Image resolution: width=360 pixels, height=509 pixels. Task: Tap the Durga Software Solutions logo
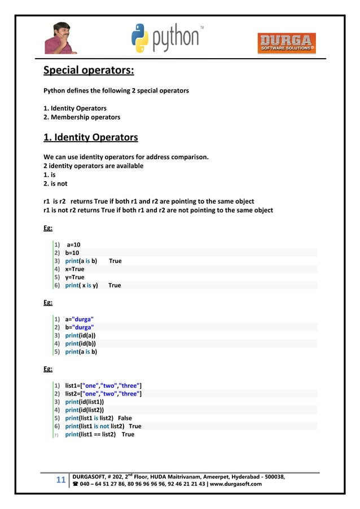click(x=287, y=43)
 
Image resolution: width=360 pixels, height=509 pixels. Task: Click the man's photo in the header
click(x=60, y=37)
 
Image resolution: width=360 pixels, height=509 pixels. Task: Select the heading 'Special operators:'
click(x=89, y=72)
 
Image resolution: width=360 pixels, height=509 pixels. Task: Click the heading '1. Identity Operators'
click(x=91, y=137)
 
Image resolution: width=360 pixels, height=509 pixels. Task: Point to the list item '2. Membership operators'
click(x=82, y=117)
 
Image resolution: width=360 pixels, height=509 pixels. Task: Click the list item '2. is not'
click(x=55, y=184)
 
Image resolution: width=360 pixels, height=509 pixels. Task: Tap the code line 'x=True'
click(x=74, y=269)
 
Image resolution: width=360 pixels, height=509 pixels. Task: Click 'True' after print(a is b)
click(x=115, y=261)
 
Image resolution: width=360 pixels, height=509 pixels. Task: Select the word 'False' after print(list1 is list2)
click(x=125, y=419)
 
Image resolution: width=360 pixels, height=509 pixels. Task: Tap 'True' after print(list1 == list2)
click(x=128, y=435)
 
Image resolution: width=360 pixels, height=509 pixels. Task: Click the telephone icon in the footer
click(x=76, y=484)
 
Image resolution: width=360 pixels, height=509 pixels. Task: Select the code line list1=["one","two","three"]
click(x=103, y=386)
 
